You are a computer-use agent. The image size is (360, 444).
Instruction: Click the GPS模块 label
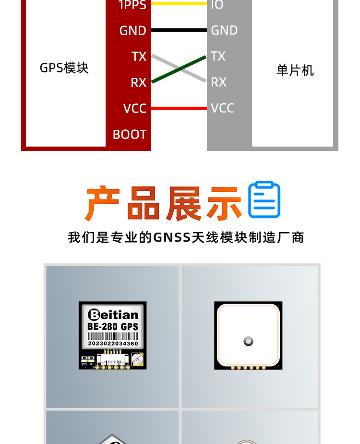pos(64,68)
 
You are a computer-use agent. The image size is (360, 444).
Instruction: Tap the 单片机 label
pos(295,71)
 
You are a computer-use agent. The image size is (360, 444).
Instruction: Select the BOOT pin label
pos(129,135)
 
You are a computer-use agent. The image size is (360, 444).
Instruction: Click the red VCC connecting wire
pos(179,108)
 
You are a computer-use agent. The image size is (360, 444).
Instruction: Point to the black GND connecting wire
pos(179,30)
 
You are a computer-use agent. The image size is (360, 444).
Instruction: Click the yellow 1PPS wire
pos(179,3)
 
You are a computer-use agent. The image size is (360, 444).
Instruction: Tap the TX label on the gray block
pos(218,56)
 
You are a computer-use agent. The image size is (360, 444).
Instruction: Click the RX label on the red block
pos(138,83)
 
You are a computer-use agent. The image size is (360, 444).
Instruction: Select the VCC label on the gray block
pos(222,108)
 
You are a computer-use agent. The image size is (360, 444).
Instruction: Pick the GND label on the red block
pos(132,31)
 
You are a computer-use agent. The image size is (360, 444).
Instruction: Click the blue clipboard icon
pos(264,200)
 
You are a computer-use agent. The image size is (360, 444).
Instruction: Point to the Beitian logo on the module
pos(113,315)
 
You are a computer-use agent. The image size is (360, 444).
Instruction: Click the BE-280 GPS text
pos(113,327)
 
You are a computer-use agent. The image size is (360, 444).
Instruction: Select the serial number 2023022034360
pos(113,344)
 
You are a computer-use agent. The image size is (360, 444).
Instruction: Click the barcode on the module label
pos(113,336)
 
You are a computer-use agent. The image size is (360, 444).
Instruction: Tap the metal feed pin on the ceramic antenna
pos(248,342)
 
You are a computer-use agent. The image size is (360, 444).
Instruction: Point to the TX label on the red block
pos(139,57)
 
